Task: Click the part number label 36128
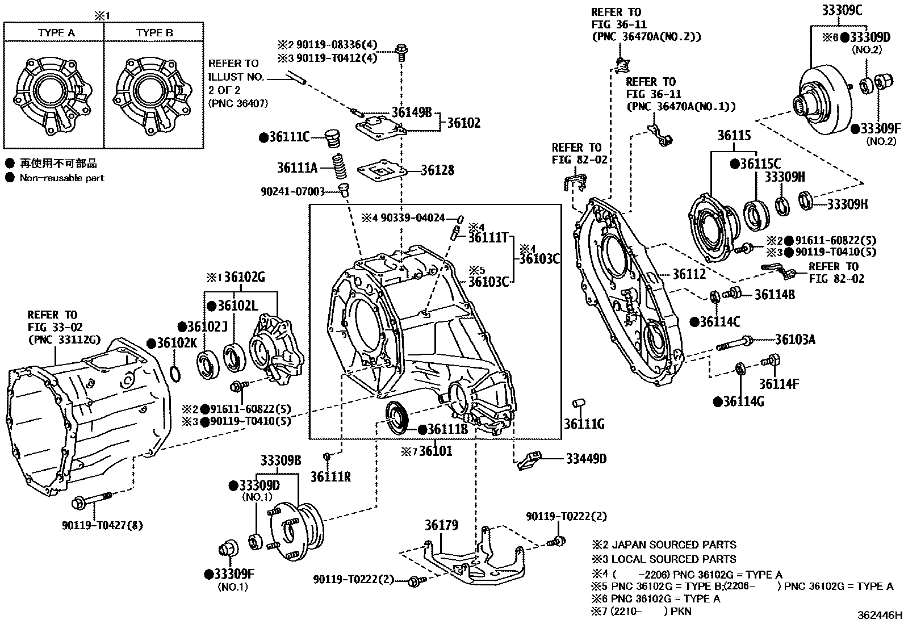coord(437,170)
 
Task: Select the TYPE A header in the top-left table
coord(56,32)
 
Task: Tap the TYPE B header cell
coord(154,32)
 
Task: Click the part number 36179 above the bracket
coord(441,525)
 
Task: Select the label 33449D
coord(585,459)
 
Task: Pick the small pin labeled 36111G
coord(577,404)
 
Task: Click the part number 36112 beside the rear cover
coord(689,274)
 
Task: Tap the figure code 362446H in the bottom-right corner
coord(880,615)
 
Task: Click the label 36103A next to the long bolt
coord(795,340)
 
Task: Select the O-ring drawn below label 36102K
coord(177,374)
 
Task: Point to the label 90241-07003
coord(292,191)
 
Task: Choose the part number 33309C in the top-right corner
coord(841,10)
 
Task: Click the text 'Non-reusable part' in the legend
coord(62,178)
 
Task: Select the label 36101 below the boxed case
coord(435,452)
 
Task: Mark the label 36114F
coord(779,384)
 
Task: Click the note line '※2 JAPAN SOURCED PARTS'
coord(663,544)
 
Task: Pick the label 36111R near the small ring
coord(330,476)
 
